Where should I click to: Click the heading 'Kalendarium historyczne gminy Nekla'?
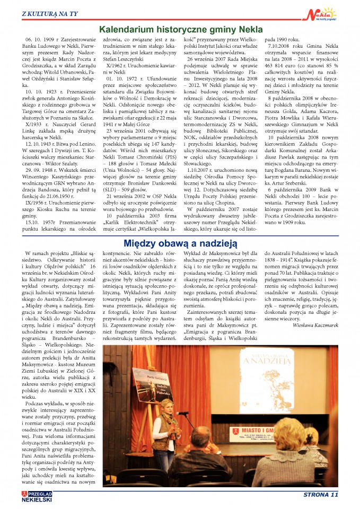click(x=180, y=30)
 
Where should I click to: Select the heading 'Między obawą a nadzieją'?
click(x=180, y=243)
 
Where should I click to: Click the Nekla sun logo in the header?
click(x=321, y=12)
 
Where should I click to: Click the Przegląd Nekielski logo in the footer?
click(x=37, y=496)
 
